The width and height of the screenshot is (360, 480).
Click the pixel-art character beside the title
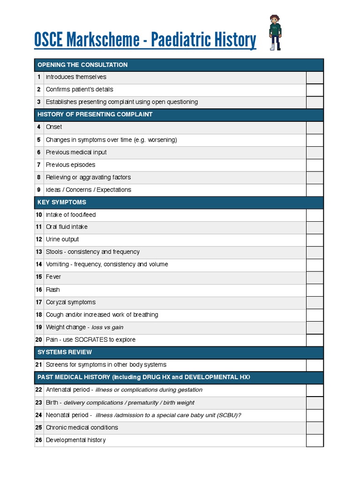click(275, 32)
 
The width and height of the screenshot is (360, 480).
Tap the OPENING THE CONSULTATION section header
click(82, 65)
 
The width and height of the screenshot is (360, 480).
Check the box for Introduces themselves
click(315, 77)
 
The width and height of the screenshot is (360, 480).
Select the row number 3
click(39, 102)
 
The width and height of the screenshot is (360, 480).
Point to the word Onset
click(54, 127)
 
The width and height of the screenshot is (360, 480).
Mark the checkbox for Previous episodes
click(315, 165)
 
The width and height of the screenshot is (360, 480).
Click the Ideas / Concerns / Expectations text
click(89, 190)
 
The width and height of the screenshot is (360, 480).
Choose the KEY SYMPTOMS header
click(62, 202)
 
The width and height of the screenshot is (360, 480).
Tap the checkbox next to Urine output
click(315, 240)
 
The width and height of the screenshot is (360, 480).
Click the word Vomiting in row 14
click(57, 264)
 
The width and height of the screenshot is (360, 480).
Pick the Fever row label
click(53, 277)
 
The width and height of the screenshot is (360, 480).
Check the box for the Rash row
click(315, 290)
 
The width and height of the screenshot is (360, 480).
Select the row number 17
click(39, 302)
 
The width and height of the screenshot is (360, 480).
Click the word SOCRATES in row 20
click(91, 340)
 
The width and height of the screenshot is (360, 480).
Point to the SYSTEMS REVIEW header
click(65, 352)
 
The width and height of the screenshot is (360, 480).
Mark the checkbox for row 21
click(315, 365)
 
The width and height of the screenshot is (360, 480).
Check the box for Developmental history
click(315, 440)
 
